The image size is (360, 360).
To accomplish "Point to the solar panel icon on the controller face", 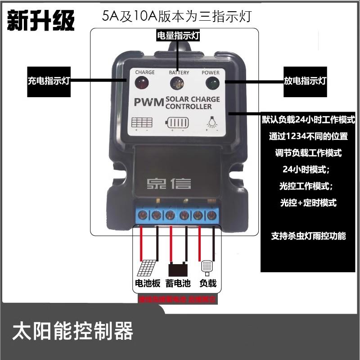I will click(x=142, y=122).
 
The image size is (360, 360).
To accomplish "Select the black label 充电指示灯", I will click(x=49, y=81).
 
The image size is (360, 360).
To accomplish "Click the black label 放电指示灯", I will click(x=305, y=81).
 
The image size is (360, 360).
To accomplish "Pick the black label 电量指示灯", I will click(x=178, y=36).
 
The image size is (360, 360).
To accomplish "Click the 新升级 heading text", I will click(x=40, y=20).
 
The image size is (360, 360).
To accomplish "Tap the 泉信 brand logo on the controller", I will click(x=169, y=183).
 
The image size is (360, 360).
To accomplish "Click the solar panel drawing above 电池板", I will click(x=147, y=269).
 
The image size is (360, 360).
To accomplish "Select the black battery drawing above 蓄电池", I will click(x=178, y=270).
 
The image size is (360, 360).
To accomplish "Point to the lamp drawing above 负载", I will click(x=207, y=267).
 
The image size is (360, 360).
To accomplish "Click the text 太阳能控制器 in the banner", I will click(x=73, y=332).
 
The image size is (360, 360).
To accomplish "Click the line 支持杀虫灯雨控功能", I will click(x=309, y=235).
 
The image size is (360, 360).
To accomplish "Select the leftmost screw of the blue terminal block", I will click(x=143, y=215).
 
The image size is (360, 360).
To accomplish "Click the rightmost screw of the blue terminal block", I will click(x=211, y=215).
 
